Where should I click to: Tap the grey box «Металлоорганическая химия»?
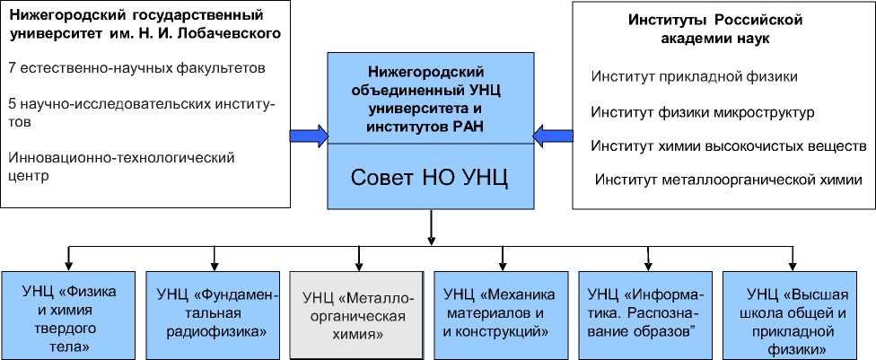coord(357,314)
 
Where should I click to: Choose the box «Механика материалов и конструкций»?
coord(500,313)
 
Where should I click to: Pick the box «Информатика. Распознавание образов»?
coord(645,313)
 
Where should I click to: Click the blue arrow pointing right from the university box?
coord(308,135)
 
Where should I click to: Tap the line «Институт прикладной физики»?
coord(694,76)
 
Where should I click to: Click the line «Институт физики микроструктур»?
coord(702,112)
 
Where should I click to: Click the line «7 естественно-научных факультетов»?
coord(136,67)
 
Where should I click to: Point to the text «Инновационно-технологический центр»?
coord(121,165)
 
